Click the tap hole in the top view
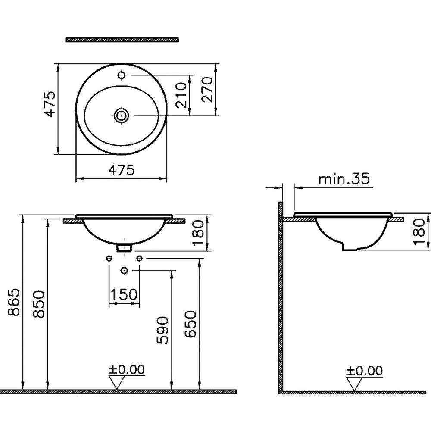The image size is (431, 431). (122, 75)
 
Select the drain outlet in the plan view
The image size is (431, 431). (121, 116)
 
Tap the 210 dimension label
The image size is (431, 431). (181, 95)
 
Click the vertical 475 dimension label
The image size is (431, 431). (50, 104)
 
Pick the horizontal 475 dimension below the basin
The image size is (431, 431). (122, 170)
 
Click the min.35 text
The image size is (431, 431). (344, 179)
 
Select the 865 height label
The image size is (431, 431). (14, 302)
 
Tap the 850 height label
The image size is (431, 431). (39, 304)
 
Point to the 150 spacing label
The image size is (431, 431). (124, 294)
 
